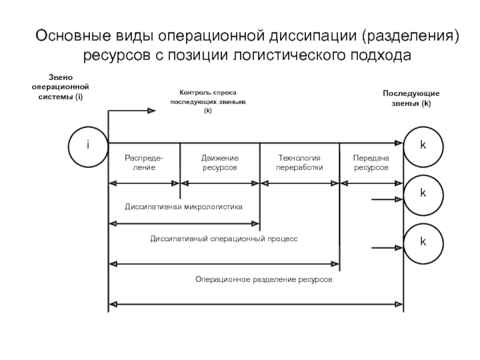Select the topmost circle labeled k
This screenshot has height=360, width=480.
423,146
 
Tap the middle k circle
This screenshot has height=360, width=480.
423,194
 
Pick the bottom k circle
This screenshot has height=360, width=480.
423,242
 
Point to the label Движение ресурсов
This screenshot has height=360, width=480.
220,163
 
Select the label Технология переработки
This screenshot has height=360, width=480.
299,163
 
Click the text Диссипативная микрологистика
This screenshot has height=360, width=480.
184,207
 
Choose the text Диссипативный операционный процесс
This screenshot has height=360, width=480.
223,238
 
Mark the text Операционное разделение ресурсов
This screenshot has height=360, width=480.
263,280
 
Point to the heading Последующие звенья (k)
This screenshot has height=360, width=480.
411,99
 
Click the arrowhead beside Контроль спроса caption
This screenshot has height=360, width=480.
151,110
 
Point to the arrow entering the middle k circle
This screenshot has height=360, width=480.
387,199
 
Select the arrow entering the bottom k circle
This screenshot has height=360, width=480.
387,247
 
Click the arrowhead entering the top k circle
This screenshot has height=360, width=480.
398,143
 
